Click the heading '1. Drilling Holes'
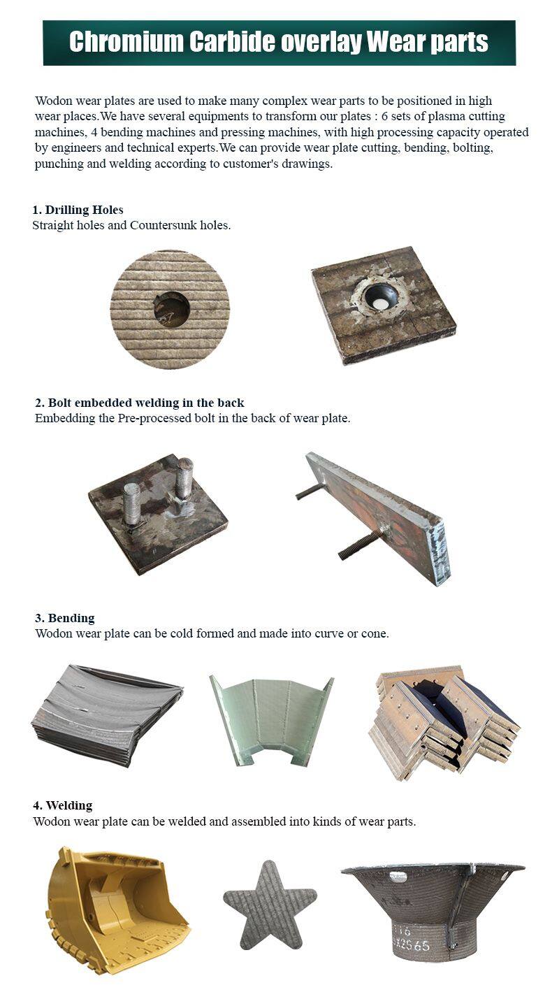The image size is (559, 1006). [x=78, y=210]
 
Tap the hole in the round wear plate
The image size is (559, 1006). [x=171, y=309]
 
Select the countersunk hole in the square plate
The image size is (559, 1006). [x=382, y=298]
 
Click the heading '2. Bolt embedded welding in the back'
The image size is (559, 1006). [x=140, y=403]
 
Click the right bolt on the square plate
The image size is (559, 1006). [x=184, y=477]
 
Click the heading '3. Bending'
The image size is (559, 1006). [x=65, y=618]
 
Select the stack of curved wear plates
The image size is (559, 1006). [x=106, y=713]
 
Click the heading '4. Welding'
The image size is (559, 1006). [x=64, y=805]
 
